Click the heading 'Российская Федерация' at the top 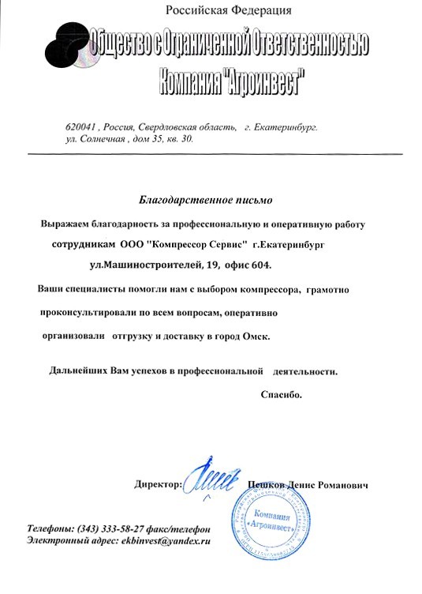point(229,9)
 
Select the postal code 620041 point(80,126)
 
